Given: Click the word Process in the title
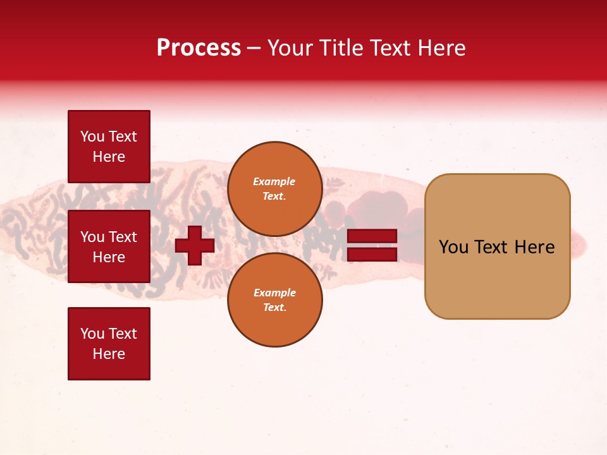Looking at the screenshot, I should click(x=199, y=48).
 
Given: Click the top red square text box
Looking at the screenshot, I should click(x=109, y=147).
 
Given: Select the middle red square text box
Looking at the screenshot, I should click(x=109, y=246).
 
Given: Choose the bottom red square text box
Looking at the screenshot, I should click(x=109, y=344).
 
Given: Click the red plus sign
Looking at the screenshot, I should click(x=195, y=245).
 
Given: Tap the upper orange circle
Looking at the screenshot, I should click(x=275, y=189).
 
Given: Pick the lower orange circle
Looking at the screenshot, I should click(x=275, y=300).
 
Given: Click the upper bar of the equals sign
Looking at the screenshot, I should click(x=372, y=236).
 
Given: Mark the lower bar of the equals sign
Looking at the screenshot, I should click(x=372, y=254).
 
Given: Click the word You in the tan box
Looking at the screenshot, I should click(x=454, y=247).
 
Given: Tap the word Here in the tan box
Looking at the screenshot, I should click(x=534, y=247).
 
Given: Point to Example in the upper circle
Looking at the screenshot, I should click(x=274, y=181).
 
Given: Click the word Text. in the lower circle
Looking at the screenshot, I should click(x=274, y=307).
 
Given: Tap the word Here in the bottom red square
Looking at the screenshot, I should click(x=109, y=354).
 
